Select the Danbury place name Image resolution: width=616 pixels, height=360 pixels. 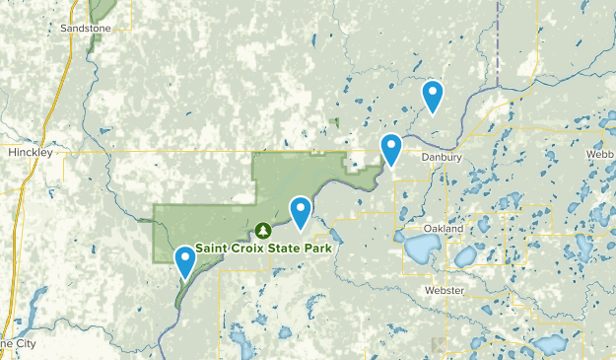tap(441, 157)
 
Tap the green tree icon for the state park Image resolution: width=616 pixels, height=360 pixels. tap(262, 231)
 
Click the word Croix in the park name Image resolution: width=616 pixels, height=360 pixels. tap(251, 248)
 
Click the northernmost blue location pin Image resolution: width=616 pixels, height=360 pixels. tap(432, 95)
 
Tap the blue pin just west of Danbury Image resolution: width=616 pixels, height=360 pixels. tap(392, 148)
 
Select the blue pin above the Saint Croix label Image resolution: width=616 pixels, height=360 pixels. tap(300, 210)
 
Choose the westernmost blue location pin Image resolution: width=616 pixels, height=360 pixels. tap(184, 260)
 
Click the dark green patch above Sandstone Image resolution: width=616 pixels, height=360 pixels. tap(100, 9)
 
